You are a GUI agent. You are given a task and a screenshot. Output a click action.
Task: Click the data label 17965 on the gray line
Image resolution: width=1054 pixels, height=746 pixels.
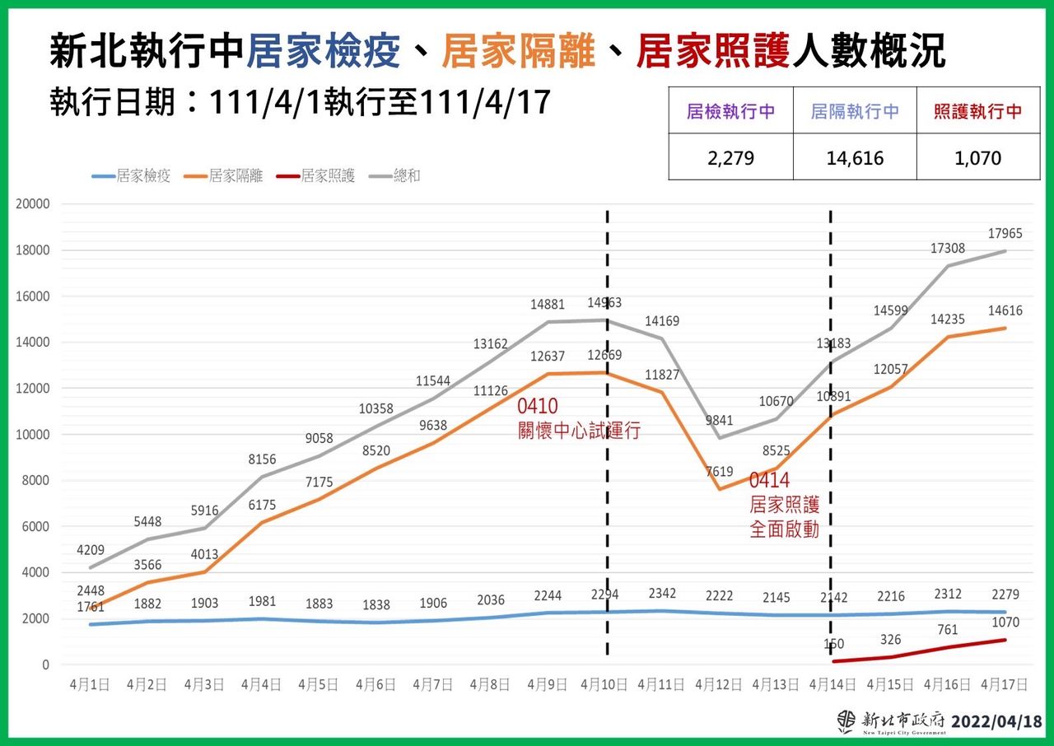point(1005,234)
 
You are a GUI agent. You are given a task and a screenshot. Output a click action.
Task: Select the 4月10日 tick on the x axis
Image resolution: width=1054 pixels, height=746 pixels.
point(604,684)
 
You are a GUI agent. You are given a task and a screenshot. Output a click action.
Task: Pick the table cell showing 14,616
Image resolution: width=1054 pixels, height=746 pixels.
point(855,157)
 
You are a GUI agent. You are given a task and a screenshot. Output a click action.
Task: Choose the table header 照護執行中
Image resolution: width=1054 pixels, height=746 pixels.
point(978,111)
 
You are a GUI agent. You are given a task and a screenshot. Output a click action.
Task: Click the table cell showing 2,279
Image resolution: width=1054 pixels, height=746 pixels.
point(730,157)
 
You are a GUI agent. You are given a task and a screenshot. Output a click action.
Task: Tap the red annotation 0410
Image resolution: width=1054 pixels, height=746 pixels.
point(537,407)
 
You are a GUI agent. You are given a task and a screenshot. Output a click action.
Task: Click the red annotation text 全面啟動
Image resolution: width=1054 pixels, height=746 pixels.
point(784,529)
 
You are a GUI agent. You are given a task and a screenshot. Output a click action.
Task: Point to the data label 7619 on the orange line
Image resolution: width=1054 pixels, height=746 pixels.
point(718,472)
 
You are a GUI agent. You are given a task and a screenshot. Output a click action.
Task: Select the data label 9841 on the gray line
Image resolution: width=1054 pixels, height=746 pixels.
point(718,421)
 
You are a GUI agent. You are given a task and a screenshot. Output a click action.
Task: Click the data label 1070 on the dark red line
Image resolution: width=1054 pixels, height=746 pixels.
point(1005,622)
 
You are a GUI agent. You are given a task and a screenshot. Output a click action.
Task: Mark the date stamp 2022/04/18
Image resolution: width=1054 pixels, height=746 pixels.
point(996,721)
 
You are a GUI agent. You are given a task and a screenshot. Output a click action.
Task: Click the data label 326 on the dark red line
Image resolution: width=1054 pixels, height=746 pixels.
point(891,639)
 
